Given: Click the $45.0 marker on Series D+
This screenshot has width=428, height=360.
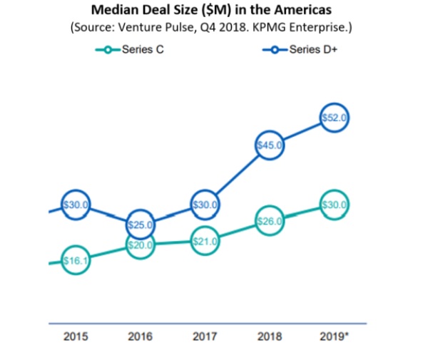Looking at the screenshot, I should point(270,145).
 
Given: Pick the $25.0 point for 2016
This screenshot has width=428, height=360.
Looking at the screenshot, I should point(141,225).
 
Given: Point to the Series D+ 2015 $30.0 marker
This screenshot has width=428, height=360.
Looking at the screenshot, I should point(76,205).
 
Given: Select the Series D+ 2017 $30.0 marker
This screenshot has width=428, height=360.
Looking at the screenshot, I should point(205,205).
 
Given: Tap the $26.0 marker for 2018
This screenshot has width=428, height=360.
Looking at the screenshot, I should point(270,221).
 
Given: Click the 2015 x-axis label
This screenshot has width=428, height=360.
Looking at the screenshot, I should point(76,337).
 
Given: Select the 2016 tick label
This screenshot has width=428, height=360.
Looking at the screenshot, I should point(141,337).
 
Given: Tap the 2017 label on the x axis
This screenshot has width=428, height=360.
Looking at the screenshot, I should point(205,337).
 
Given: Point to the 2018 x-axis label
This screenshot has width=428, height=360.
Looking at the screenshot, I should point(270,337).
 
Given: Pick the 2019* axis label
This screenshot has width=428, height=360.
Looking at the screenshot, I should point(334,337).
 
